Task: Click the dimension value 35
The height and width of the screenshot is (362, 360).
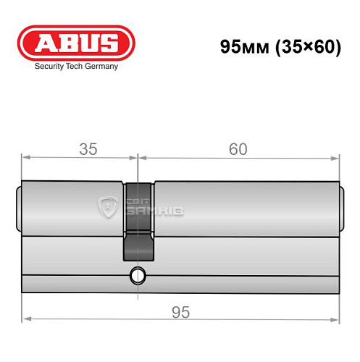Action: (x=88, y=149)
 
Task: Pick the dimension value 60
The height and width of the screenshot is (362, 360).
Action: (x=238, y=149)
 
